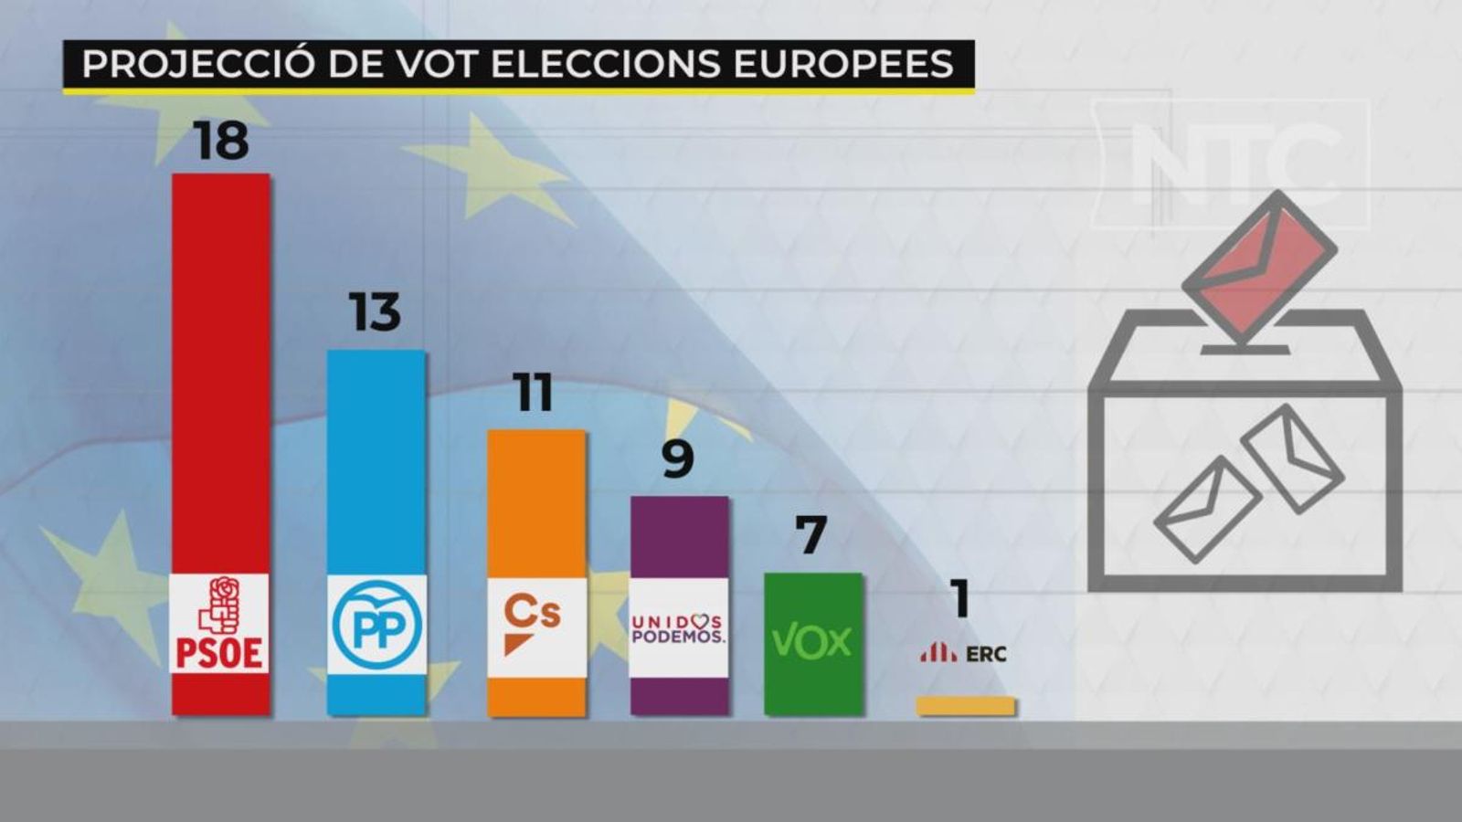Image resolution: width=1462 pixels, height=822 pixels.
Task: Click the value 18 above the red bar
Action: (x=221, y=141)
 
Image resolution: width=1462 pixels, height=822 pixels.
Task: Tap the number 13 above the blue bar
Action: (x=375, y=312)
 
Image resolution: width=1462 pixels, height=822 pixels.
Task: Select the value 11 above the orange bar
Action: (x=533, y=393)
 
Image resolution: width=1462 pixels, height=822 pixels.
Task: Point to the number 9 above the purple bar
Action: (x=677, y=459)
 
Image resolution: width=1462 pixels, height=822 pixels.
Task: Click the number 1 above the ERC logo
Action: (x=959, y=600)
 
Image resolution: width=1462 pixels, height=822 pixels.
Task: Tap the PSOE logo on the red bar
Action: (x=220, y=624)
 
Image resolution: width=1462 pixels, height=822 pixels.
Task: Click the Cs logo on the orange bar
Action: (x=534, y=625)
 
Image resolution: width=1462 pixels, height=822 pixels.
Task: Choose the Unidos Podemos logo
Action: (x=678, y=628)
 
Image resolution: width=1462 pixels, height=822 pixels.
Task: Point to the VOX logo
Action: (x=811, y=642)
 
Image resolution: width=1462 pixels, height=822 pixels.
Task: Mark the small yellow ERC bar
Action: (x=965, y=706)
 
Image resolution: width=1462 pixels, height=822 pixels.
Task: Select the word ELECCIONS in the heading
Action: (x=606, y=64)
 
